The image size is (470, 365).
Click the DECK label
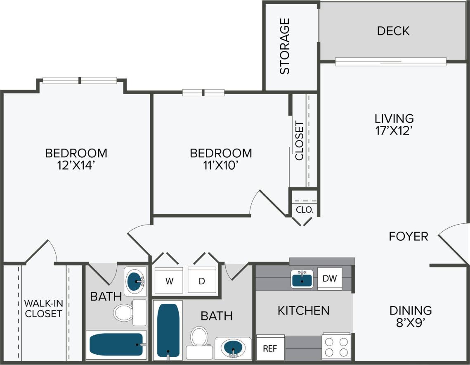pos(393,31)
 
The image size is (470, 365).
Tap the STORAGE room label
pos(285,46)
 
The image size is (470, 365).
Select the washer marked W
pos(168,281)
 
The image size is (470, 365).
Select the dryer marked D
pos(202,281)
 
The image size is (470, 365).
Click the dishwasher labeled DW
pos(329,279)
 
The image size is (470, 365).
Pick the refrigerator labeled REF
pos(270,348)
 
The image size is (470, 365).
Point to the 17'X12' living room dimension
pos(394,131)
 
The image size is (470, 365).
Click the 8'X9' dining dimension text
pos(411,322)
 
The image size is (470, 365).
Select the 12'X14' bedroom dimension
pos(76,165)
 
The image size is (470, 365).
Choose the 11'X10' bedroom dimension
pos(221,165)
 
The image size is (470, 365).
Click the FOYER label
pos(408,236)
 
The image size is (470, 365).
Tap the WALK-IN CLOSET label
pos(43,308)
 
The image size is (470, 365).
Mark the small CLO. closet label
pos(305,209)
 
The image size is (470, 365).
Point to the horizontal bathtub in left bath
pos(116,344)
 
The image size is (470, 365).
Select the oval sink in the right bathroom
pos(233,348)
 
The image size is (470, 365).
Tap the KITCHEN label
pos(303,310)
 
